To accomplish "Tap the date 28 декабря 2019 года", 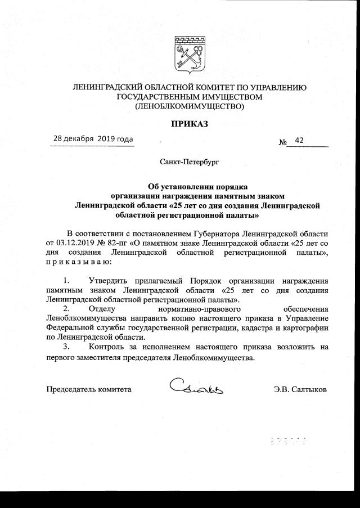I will pos(93,138).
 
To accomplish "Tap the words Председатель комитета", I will pos(88,389).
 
